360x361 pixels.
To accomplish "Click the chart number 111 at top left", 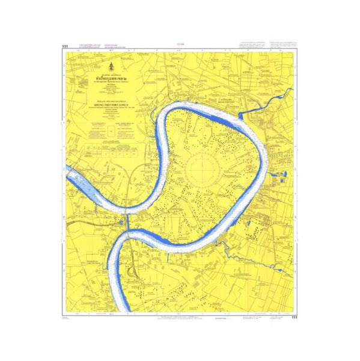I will [x=64, y=46].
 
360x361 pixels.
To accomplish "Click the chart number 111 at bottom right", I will [x=294, y=317].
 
